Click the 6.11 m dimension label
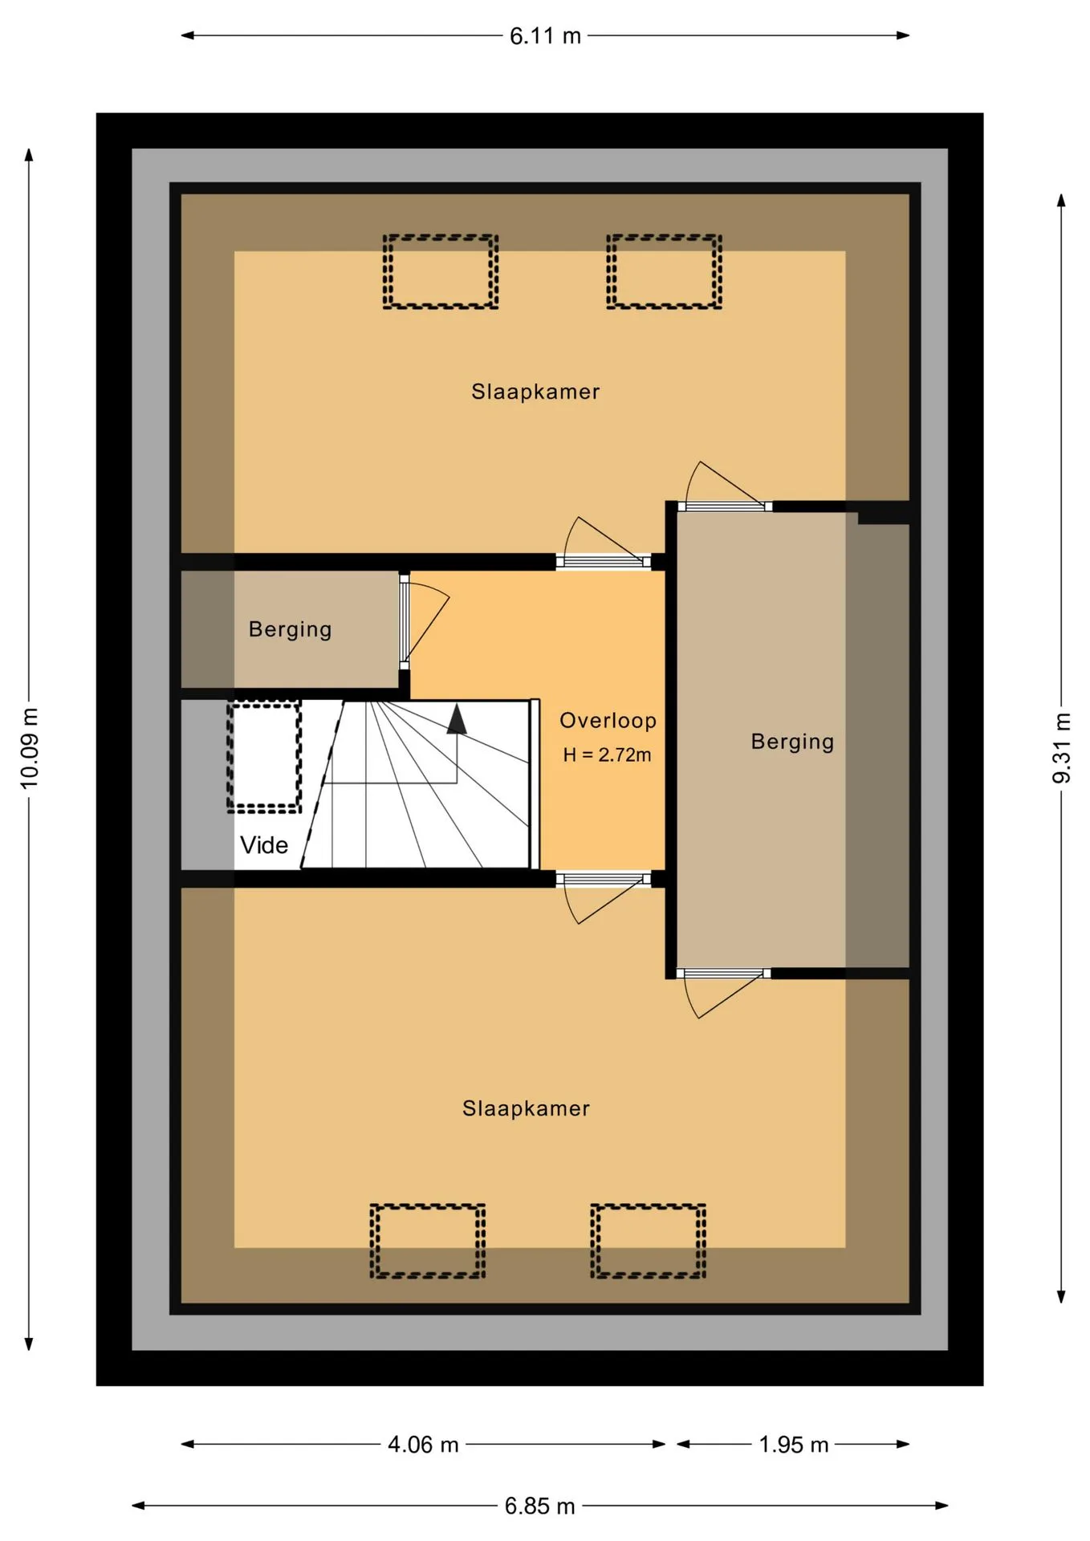[x=545, y=36]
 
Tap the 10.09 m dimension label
[x=29, y=748]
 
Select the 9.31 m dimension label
[x=1061, y=748]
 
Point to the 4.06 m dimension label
[x=423, y=1445]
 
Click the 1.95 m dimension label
[x=793, y=1445]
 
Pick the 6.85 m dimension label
[x=539, y=1506]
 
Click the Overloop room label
[x=608, y=721]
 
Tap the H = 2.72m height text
[x=607, y=755]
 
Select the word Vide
[x=264, y=845]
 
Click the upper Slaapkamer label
[x=535, y=392]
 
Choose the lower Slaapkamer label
[x=526, y=1108]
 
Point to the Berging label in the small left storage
[x=290, y=629]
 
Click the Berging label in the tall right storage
[x=792, y=742]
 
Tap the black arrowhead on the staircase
[x=457, y=719]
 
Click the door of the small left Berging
[x=405, y=621]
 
